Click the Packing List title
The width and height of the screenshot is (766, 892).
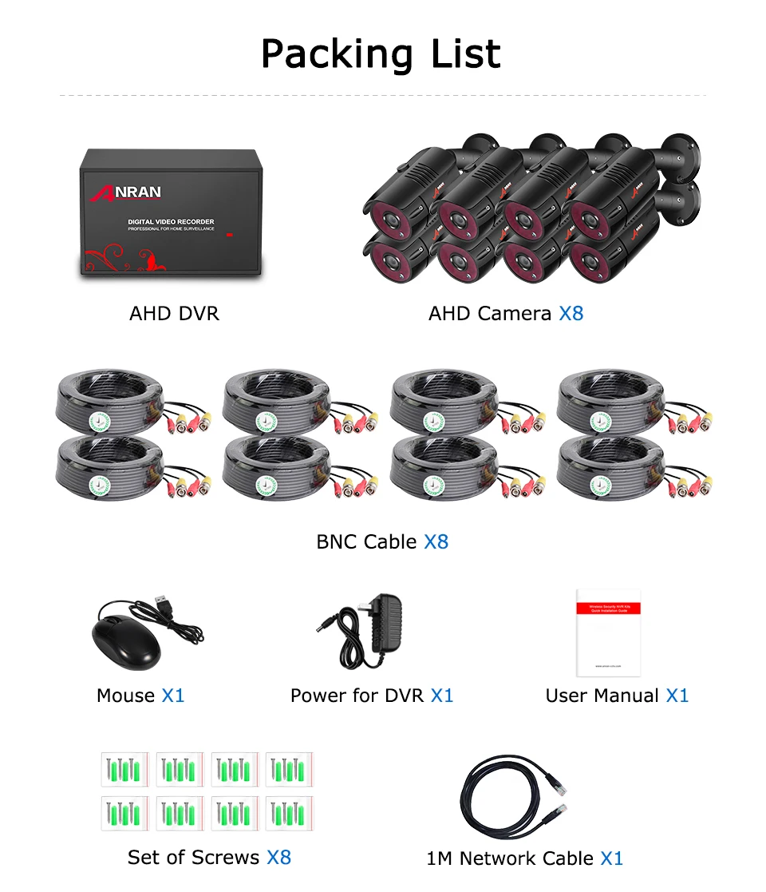(381, 54)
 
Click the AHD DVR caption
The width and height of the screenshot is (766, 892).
(174, 314)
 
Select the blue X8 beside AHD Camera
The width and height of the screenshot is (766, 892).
(571, 314)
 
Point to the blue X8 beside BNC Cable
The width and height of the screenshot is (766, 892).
(436, 542)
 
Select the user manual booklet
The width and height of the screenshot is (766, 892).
(608, 632)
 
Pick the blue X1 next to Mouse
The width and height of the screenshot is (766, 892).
(173, 696)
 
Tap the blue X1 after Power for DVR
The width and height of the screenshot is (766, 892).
(442, 696)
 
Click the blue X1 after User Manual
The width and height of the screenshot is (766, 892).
(677, 696)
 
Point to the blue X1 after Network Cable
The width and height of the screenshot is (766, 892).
(611, 859)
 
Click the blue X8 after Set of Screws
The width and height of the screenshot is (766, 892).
(278, 858)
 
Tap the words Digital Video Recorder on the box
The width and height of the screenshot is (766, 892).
(171, 222)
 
